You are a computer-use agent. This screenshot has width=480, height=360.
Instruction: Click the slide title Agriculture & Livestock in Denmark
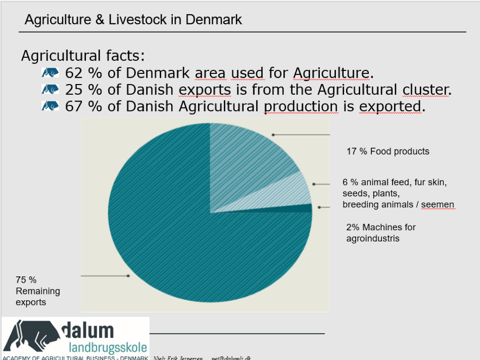point(133,20)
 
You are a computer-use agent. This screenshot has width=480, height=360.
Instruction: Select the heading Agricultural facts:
point(83,55)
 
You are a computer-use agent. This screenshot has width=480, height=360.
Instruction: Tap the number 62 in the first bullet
point(74,73)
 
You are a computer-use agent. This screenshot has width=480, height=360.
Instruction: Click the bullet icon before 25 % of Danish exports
point(50,89)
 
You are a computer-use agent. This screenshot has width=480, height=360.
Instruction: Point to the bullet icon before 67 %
point(50,106)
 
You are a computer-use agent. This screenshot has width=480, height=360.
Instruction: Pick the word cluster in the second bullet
point(425,89)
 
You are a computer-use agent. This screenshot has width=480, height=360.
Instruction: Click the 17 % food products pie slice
point(248,155)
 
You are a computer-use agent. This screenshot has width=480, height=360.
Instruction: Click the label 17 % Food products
point(387,152)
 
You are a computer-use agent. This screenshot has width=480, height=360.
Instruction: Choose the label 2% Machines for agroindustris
point(381,233)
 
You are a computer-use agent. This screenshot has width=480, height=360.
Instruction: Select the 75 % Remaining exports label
point(37,291)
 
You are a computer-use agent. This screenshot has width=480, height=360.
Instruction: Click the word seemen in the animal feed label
point(437,205)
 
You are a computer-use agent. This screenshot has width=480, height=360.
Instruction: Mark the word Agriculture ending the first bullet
point(331,73)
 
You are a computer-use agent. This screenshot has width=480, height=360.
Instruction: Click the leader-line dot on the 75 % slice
point(128,276)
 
